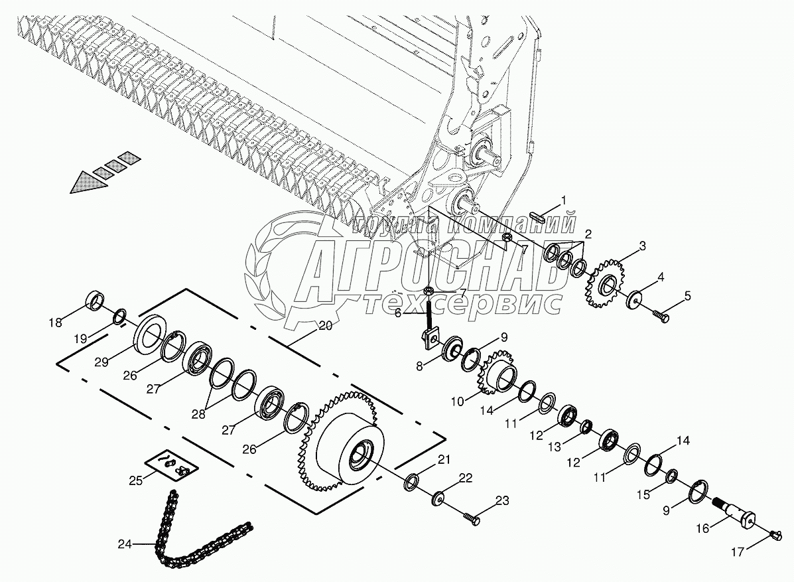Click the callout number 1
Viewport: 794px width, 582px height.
[564, 200]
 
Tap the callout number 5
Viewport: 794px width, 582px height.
[687, 296]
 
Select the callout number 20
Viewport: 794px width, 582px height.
[325, 326]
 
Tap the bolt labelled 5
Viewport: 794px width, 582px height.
[662, 316]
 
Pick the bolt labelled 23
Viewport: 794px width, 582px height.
[472, 516]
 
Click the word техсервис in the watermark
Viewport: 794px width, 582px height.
[463, 303]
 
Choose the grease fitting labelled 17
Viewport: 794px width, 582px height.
[777, 534]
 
